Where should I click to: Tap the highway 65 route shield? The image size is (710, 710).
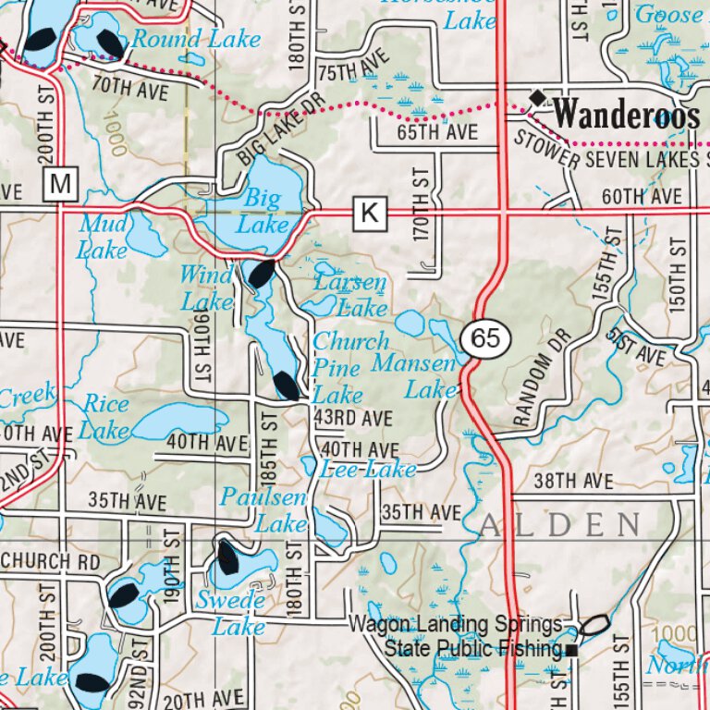coord(485,338)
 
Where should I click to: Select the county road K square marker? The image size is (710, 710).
coord(369,214)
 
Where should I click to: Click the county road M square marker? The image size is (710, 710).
coord(61,185)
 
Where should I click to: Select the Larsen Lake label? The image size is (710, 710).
coord(349,295)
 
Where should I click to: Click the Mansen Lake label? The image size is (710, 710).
coord(416,377)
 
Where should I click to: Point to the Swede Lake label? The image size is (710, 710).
coord(231,614)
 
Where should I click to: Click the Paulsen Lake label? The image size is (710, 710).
coord(263,510)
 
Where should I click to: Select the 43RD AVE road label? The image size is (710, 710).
coord(353,419)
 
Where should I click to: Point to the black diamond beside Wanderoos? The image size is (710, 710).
coord(537,97)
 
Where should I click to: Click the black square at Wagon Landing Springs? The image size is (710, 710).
coord(572,651)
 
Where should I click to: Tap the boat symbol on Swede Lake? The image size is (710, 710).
coord(226,557)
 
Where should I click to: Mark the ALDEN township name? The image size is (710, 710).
coord(559,526)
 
